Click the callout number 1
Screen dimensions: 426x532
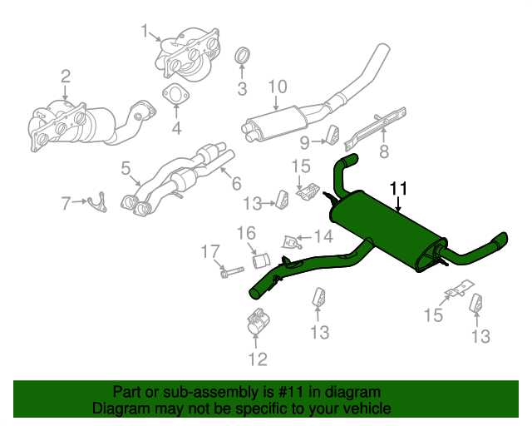145,32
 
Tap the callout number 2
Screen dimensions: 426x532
66,78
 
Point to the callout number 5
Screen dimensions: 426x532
126,169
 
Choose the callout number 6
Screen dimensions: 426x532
236,182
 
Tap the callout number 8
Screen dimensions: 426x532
384,151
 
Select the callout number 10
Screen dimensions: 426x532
277,86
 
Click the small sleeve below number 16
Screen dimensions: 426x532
259,253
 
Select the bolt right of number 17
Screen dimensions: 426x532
232,272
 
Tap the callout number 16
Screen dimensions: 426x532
248,232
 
